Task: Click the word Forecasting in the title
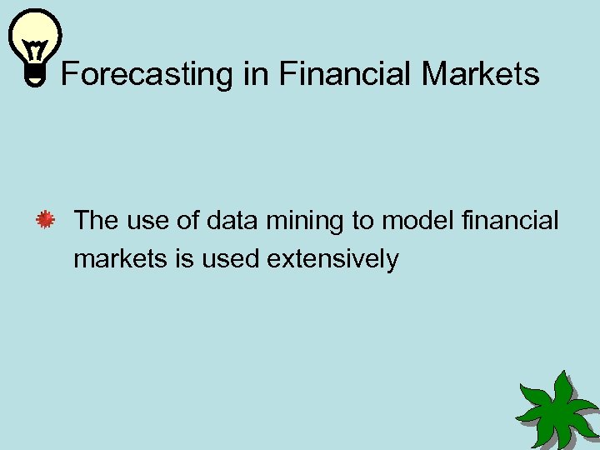tap(147, 75)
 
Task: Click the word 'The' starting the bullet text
tap(96, 221)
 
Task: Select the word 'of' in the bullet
tap(187, 221)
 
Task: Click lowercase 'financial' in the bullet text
tap(510, 221)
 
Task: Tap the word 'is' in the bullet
tap(185, 259)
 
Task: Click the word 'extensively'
tap(332, 259)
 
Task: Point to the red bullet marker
tap(45, 221)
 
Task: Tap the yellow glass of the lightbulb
tap(35, 38)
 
